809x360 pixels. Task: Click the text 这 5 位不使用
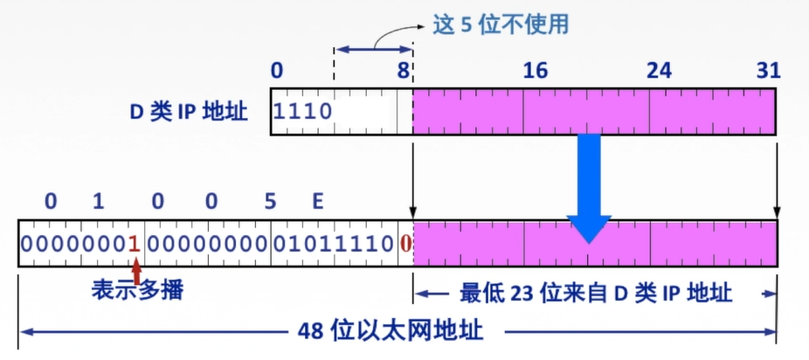coord(501,24)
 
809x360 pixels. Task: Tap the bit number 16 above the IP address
coord(535,72)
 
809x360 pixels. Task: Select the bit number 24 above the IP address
coord(660,72)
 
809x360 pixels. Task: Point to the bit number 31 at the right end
coord(768,72)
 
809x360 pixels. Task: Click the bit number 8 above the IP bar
coord(404,72)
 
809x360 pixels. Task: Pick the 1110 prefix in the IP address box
coord(303,112)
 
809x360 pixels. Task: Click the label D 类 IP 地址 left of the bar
coord(187,112)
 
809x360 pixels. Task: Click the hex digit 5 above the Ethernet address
coord(270,203)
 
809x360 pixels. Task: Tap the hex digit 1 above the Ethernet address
coord(98,203)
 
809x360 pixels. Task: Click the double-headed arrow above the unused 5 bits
coord(373,51)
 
